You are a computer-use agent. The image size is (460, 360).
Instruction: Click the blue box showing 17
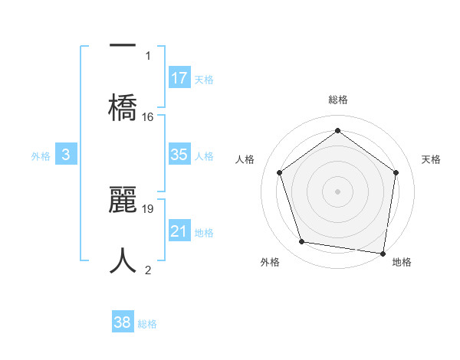pyautogui.click(x=179, y=78)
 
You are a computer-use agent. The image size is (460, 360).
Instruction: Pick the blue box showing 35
pyautogui.click(x=179, y=155)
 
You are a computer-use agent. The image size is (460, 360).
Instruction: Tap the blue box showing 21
pyautogui.click(x=179, y=231)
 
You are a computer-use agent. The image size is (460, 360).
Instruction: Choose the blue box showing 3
pyautogui.click(x=66, y=155)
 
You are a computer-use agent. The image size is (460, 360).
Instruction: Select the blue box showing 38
pyautogui.click(x=123, y=322)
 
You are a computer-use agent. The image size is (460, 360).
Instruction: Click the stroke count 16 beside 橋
pyautogui.click(x=148, y=117)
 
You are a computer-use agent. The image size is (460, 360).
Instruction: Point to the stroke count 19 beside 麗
pyautogui.click(x=148, y=208)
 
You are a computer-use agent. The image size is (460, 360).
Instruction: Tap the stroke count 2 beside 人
pyautogui.click(x=148, y=270)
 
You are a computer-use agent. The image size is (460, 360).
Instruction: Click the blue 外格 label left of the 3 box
pyautogui.click(x=41, y=155)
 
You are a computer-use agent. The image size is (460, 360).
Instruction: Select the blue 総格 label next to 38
pyautogui.click(x=147, y=324)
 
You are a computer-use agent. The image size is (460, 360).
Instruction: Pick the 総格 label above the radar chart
pyautogui.click(x=338, y=100)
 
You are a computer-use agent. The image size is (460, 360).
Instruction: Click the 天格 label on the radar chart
pyautogui.click(x=432, y=159)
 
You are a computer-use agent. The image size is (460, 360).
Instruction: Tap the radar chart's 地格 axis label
pyautogui.click(x=402, y=262)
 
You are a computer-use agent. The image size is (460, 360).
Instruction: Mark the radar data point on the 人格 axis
pyautogui.click(x=280, y=172)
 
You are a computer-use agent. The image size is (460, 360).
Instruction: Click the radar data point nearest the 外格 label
pyautogui.click(x=302, y=242)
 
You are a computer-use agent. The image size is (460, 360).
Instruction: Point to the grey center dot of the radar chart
pyautogui.click(x=338, y=191)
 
